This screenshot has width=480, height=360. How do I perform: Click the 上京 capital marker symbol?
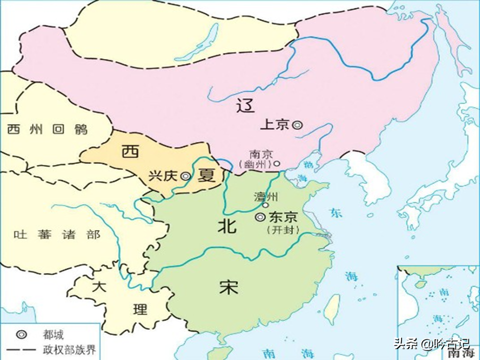point(297,125)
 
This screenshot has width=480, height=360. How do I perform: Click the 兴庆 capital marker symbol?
point(185,176)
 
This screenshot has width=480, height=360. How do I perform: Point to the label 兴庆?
point(164,176)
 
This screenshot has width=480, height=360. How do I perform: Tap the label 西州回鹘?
point(47,129)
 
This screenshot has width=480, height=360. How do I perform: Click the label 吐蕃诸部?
point(57,234)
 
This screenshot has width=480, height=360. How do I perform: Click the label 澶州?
point(266,196)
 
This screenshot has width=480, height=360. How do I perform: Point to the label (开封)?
point(283,230)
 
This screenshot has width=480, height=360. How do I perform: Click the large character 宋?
point(228,287)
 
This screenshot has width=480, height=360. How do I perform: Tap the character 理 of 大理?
point(140,309)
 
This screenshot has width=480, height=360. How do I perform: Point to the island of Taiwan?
point(331,309)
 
